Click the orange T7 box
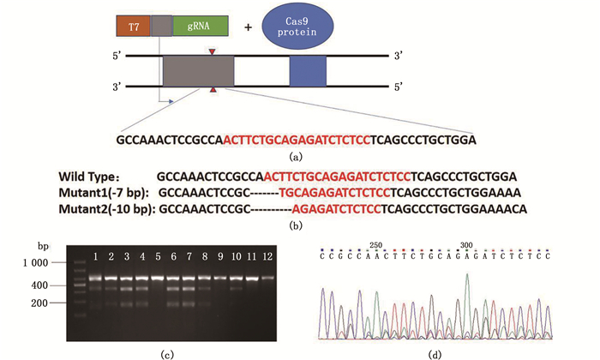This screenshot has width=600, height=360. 134,27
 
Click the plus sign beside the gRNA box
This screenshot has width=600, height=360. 249,27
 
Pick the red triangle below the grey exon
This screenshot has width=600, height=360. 213,90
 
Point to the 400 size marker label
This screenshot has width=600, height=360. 43,285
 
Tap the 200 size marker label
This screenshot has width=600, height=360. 43,303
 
